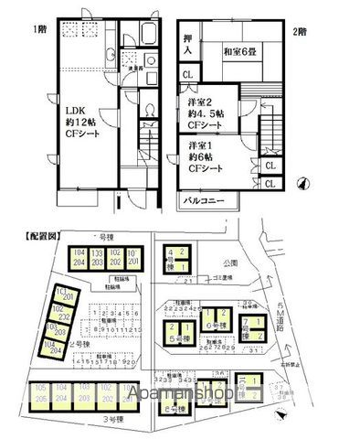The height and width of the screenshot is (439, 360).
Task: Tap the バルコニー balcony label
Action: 204,198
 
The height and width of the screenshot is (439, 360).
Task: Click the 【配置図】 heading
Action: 35,236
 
